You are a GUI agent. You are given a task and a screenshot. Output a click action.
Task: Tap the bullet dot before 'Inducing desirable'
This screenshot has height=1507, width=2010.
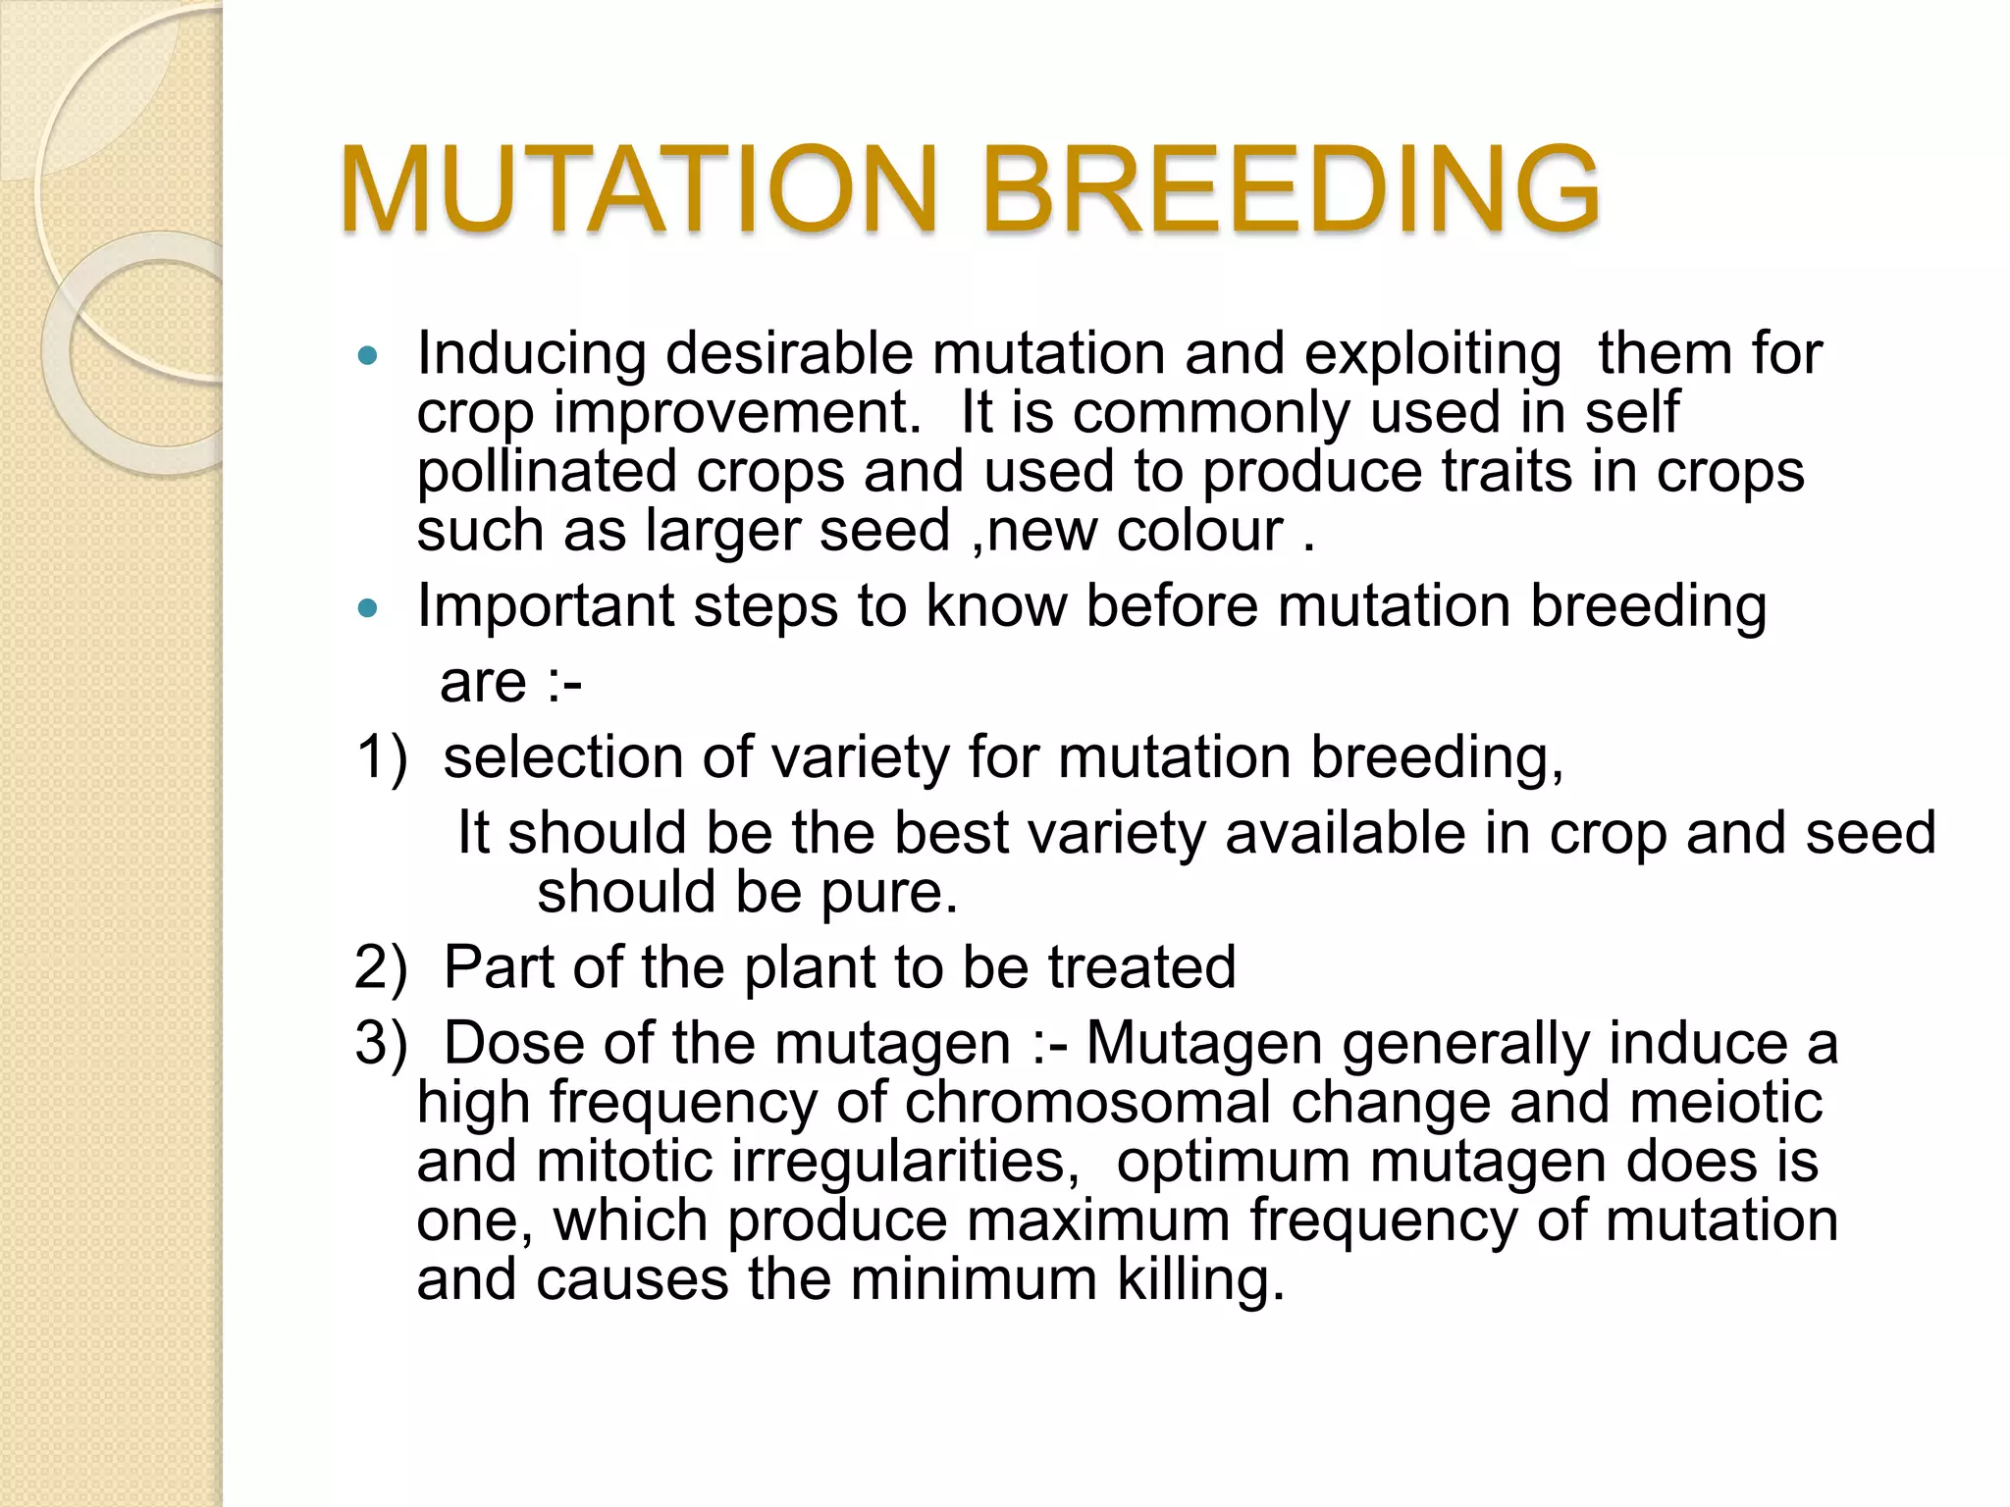tap(368, 356)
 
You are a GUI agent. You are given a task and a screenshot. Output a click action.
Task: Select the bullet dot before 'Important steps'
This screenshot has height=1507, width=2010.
tap(368, 609)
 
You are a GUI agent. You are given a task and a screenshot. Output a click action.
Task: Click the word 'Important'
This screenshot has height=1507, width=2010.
tap(546, 606)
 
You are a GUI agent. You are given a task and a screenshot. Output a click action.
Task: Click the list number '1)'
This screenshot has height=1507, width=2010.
tap(381, 758)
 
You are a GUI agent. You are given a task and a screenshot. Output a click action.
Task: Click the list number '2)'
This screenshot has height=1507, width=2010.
tap(381, 967)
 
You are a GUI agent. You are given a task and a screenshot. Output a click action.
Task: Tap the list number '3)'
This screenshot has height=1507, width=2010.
tap(381, 1043)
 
